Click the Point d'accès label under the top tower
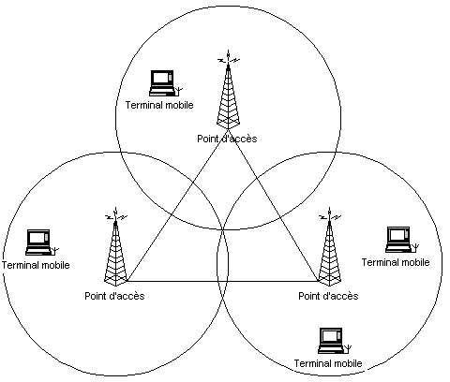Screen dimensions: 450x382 (227, 139)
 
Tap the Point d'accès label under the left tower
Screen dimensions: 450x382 (114, 296)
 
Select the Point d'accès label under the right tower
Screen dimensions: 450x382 (328, 296)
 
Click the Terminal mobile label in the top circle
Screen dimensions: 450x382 (159, 105)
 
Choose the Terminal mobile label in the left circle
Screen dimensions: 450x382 (36, 265)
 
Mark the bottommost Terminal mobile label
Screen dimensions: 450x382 (328, 363)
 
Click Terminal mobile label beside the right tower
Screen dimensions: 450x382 (396, 262)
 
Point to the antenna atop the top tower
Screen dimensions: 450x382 (229, 57)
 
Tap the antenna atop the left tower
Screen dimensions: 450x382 (115, 214)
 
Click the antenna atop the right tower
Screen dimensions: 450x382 (329, 214)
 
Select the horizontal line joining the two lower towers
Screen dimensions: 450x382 (222, 282)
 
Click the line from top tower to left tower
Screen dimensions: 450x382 (177, 205)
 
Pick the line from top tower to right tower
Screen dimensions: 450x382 (274, 205)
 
